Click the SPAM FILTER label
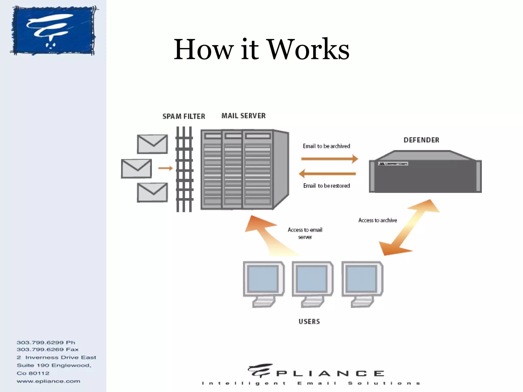coord(184,116)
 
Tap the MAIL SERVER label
coord(243,116)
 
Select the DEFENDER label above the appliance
coord(421,140)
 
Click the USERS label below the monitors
coord(309,321)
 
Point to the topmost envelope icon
coord(152,144)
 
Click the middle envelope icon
coord(136,169)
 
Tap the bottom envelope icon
coord(152,192)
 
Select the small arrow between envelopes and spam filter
coord(165,168)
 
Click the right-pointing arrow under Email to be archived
coord(329,159)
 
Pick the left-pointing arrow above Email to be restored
coord(327,174)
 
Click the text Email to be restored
coord(326,186)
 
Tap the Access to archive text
coord(377,220)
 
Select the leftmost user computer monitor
coord(264,283)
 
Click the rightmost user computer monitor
coord(362,283)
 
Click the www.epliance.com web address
coord(48,381)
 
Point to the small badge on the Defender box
coord(393,164)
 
